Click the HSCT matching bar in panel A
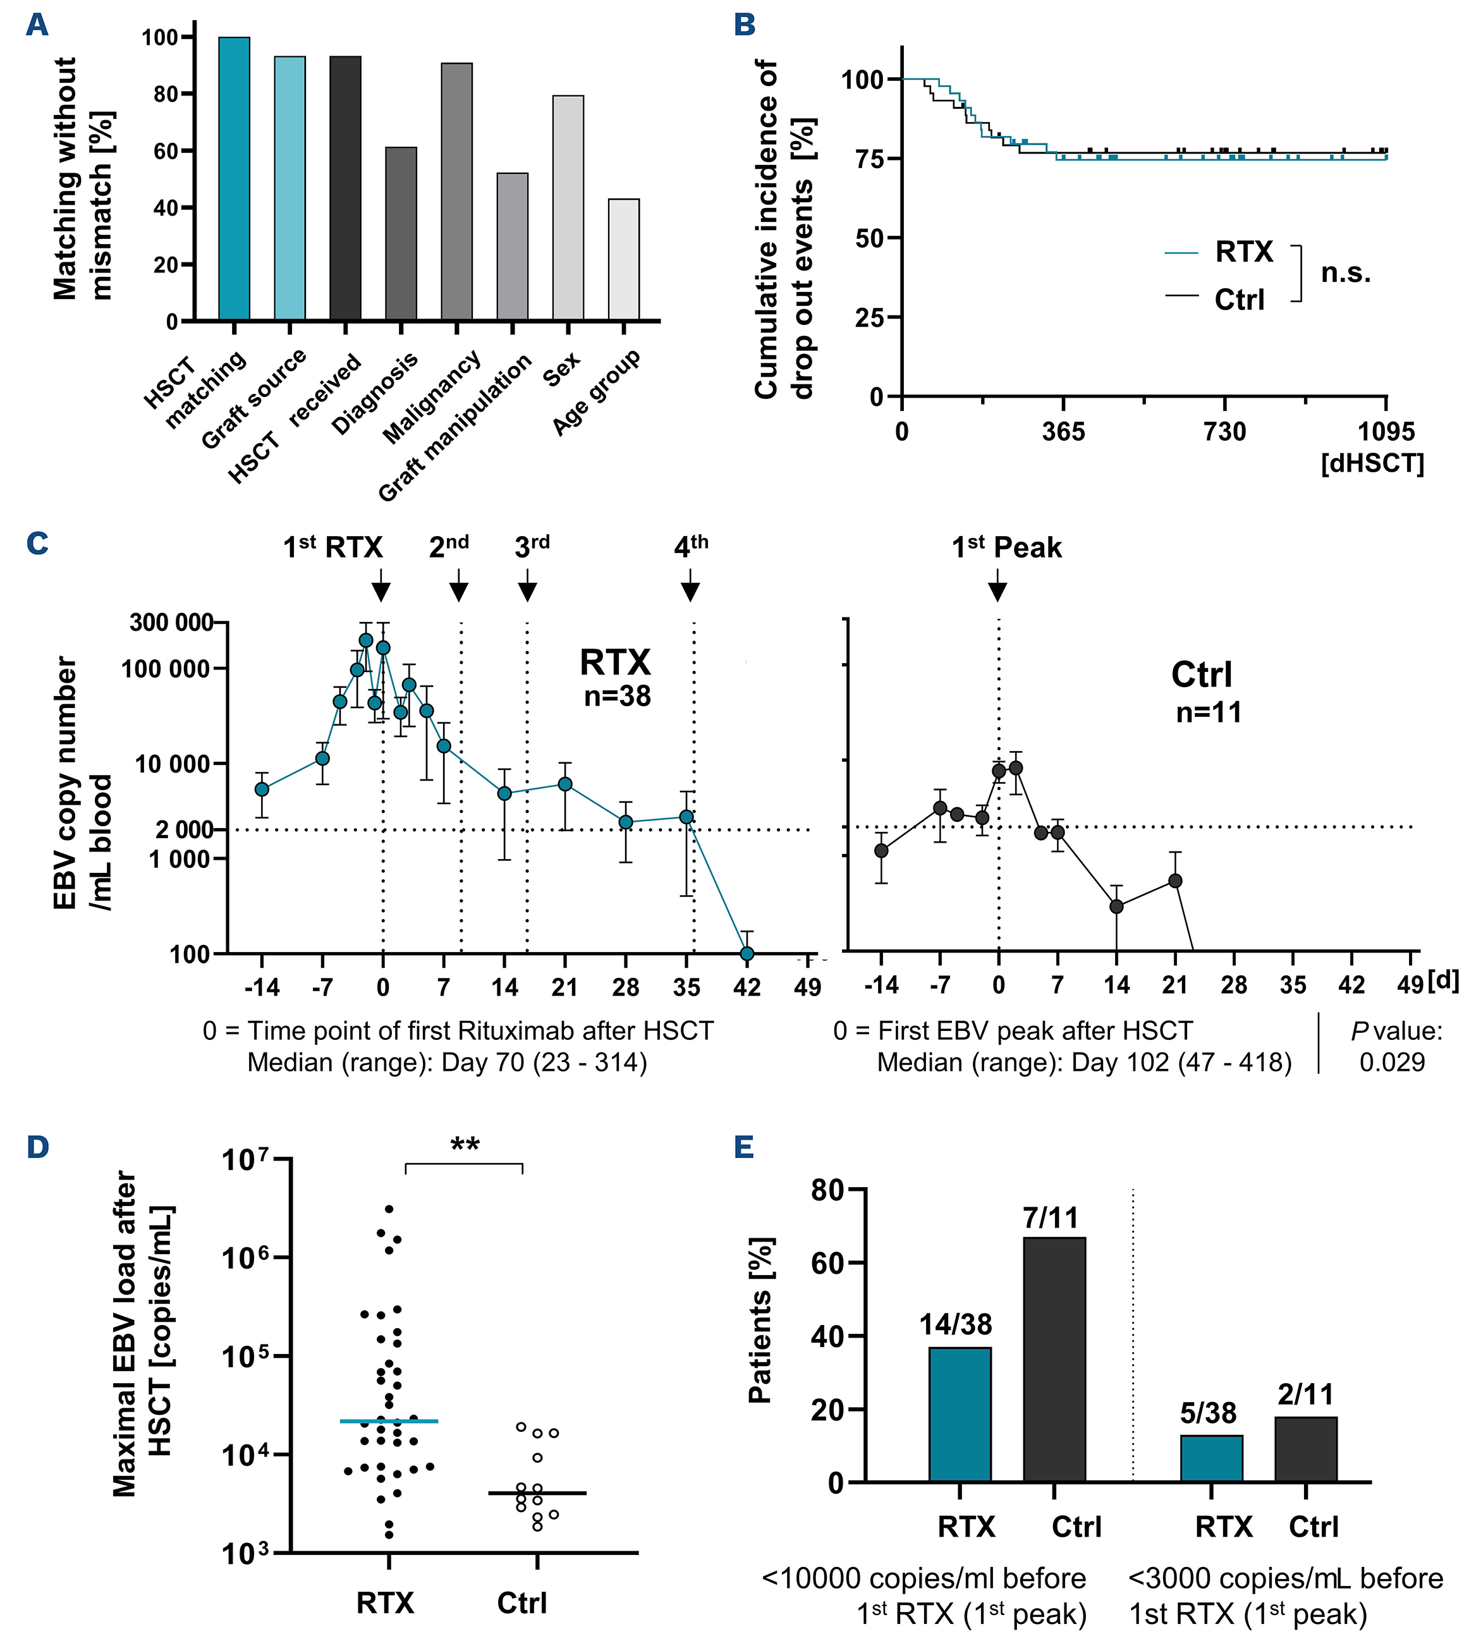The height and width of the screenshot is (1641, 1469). point(234,179)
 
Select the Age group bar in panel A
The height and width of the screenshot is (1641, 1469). point(623,260)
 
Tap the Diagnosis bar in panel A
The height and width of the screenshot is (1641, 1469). point(401,234)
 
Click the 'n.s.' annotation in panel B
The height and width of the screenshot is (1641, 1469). point(1346,274)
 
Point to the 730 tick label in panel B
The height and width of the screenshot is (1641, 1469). point(1224,432)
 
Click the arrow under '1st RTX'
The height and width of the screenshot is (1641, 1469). point(382,586)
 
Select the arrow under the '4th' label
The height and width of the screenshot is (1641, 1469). point(690,586)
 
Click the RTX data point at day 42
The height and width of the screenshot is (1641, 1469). point(747,953)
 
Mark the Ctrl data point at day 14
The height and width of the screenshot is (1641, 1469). point(1116,906)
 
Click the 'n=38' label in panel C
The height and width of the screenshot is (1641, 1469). point(618,697)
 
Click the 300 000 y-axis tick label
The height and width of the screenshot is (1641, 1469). point(171,623)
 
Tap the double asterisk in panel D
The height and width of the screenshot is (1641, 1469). point(465,1145)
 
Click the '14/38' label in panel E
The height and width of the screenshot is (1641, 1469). point(956,1324)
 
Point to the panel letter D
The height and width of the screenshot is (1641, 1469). point(37,1147)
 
